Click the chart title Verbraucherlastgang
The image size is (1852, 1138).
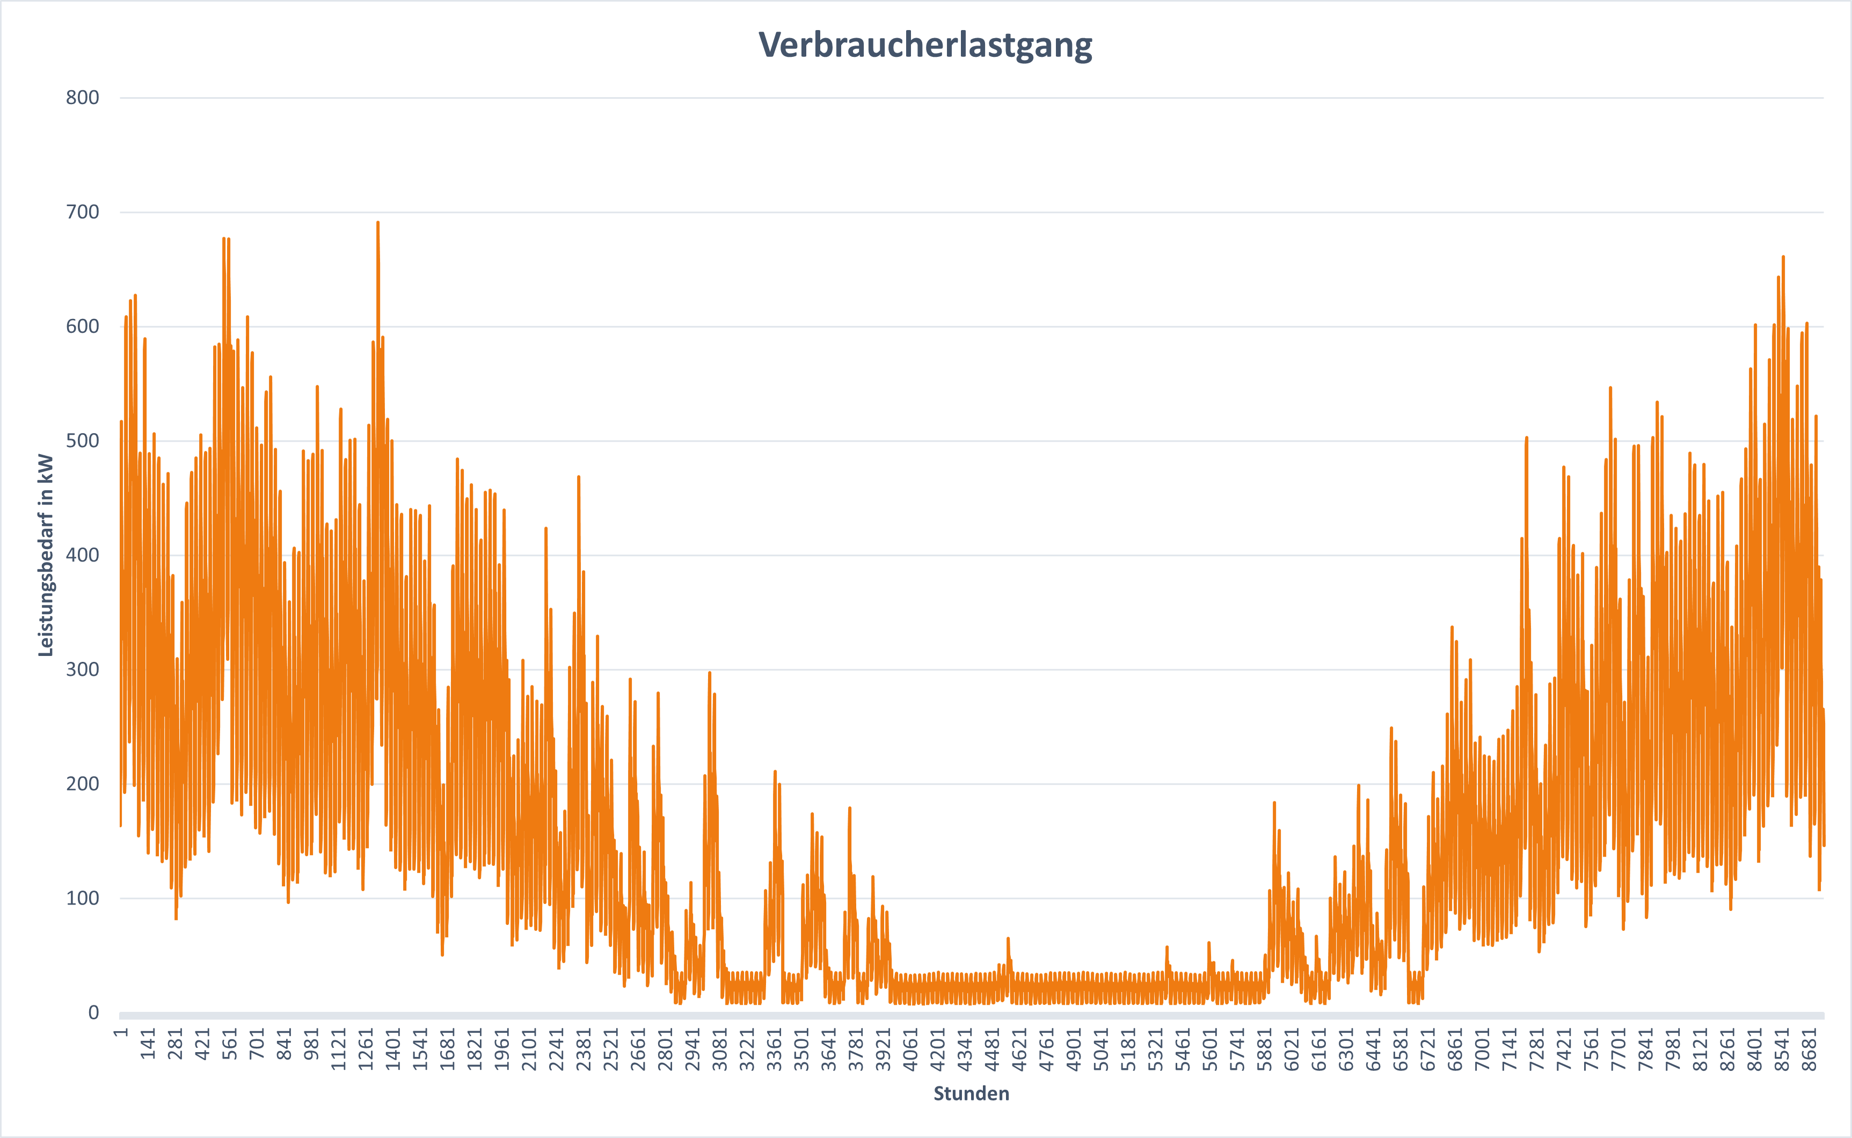pyautogui.click(x=925, y=45)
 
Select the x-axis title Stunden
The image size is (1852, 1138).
pyautogui.click(x=971, y=1093)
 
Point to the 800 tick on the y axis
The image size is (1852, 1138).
pyautogui.click(x=82, y=98)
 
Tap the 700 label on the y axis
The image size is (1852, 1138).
pyautogui.click(x=82, y=212)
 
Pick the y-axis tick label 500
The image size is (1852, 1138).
pyautogui.click(x=82, y=441)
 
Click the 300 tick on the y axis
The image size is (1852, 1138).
pyautogui.click(x=82, y=670)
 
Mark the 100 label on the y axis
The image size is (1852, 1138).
pyautogui.click(x=82, y=899)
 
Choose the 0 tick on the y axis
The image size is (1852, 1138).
pyautogui.click(x=93, y=1013)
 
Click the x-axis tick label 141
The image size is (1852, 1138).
pyautogui.click(x=148, y=1044)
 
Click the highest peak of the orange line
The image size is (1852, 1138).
pyautogui.click(x=378, y=223)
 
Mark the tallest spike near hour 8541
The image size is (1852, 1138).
pyautogui.click(x=1783, y=258)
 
